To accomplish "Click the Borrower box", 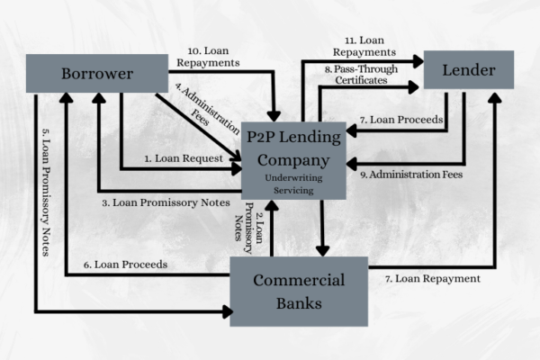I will [96, 71].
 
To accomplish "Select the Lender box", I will [468, 69].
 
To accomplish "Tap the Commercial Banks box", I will [299, 291].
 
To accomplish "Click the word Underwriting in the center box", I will [294, 178].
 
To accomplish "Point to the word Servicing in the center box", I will [294, 190].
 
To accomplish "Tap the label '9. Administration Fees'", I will [409, 175].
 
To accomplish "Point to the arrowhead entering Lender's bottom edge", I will [495, 95].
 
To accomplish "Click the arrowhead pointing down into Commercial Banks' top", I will [323, 251].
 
